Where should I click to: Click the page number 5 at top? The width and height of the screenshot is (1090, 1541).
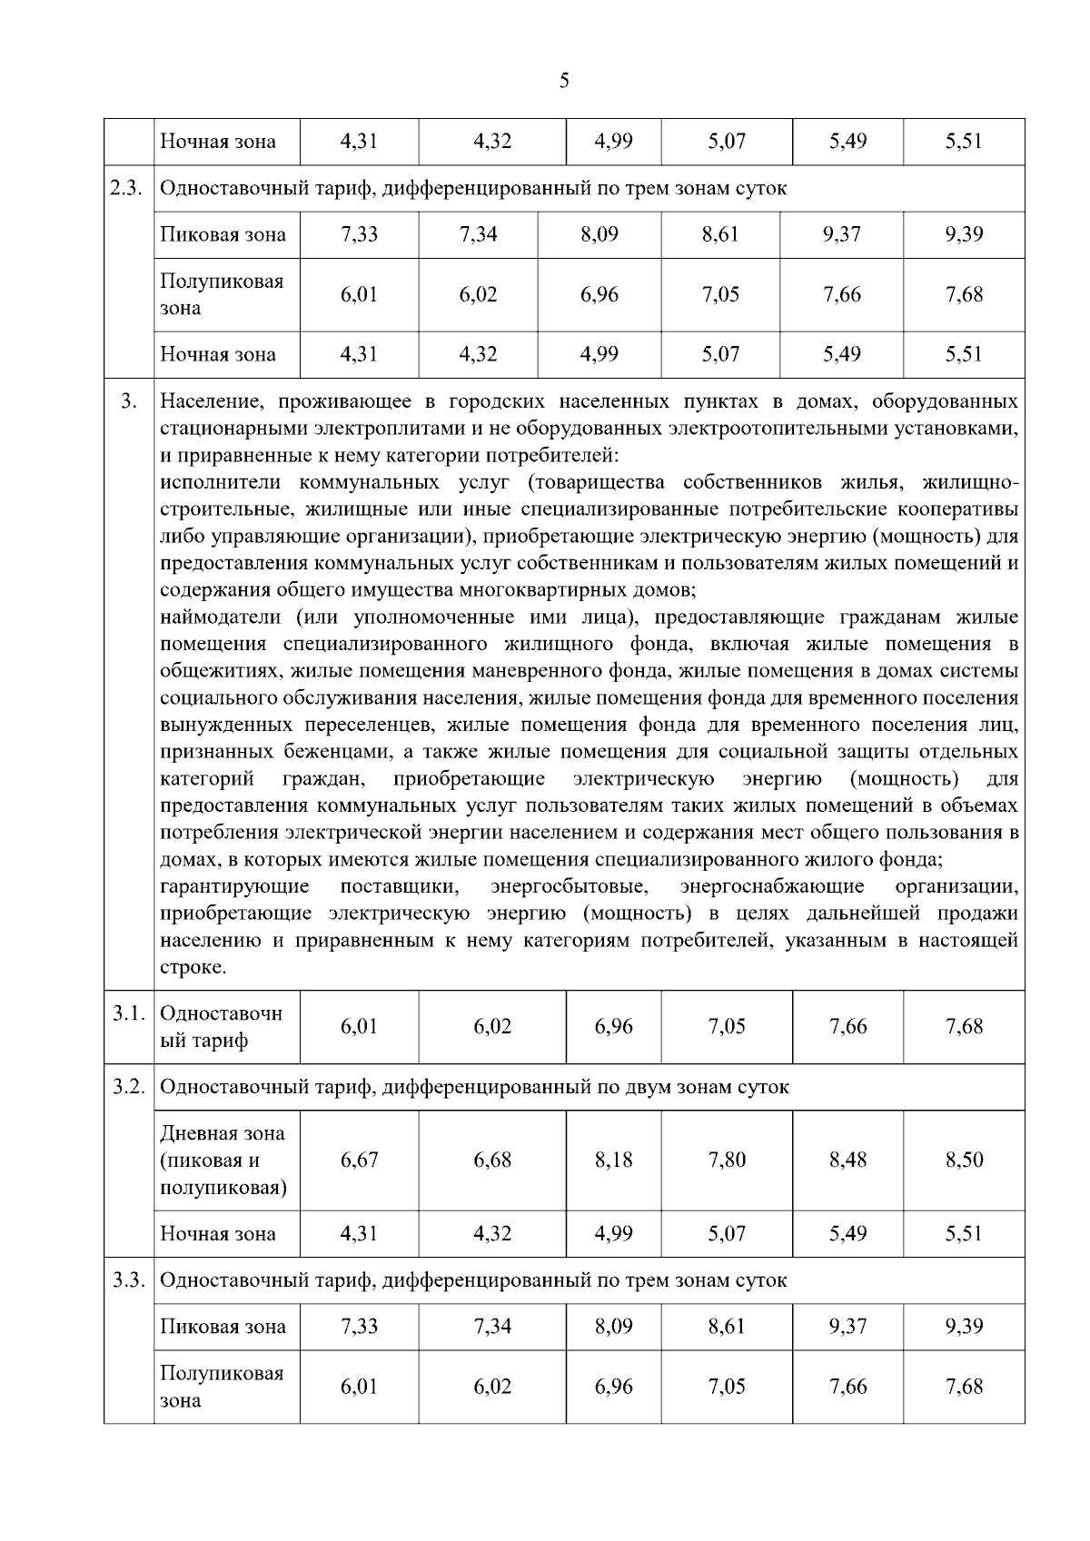click(564, 82)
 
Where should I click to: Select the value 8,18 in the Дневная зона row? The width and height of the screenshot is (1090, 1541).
click(613, 1160)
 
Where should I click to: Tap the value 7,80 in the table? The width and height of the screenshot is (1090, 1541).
click(727, 1160)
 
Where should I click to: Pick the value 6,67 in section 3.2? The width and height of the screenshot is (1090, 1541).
click(359, 1160)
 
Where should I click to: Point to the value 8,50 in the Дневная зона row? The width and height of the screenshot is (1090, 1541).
click(964, 1160)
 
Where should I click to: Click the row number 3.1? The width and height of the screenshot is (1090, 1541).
click(129, 1013)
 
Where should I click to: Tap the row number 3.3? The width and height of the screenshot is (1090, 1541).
click(129, 1280)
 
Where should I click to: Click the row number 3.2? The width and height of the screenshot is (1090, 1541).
click(129, 1087)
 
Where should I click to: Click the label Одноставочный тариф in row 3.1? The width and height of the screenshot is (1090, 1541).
click(221, 1027)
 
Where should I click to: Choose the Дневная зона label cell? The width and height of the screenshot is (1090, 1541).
click(223, 1160)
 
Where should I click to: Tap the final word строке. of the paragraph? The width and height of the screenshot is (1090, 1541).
click(193, 967)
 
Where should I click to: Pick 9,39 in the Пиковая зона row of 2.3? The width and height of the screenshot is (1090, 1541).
click(964, 234)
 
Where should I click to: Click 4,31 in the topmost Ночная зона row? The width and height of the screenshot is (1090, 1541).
click(359, 142)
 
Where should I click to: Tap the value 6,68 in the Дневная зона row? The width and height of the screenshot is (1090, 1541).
click(492, 1160)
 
